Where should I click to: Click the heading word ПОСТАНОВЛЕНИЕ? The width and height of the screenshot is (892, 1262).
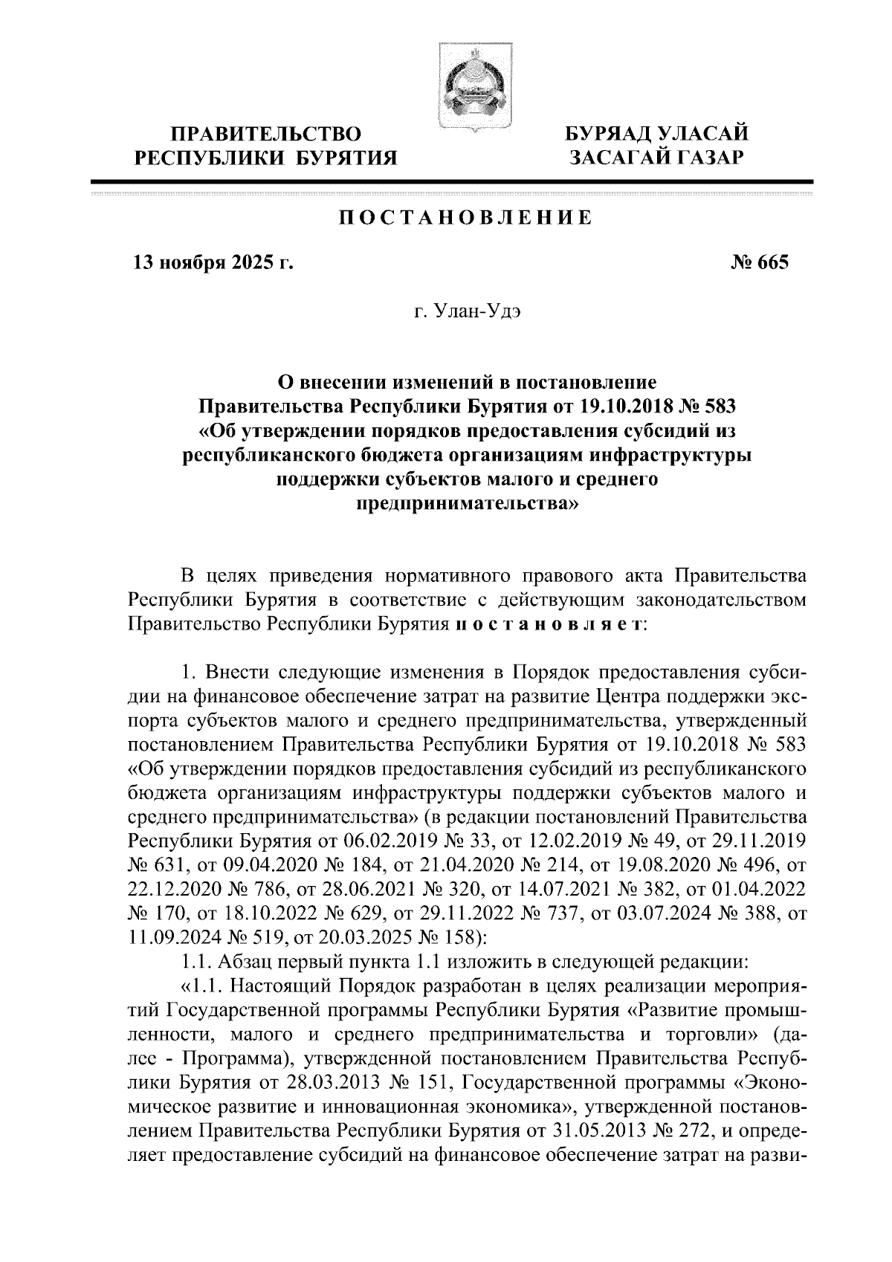(465, 218)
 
